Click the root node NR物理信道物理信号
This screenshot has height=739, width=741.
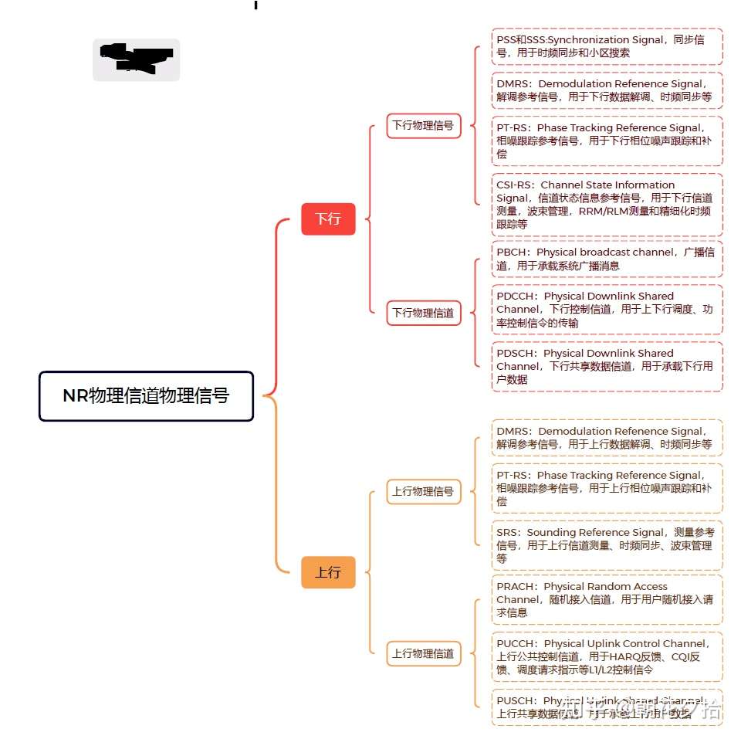[146, 396]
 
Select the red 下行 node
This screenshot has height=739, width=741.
[328, 219]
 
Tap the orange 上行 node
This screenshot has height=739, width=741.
[328, 572]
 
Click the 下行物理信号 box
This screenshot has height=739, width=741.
[423, 125]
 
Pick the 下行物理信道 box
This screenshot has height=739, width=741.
[423, 313]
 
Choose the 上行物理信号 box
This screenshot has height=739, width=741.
[423, 491]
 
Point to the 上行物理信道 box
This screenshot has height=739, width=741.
[423, 653]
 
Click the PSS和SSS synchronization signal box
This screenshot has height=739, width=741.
[607, 46]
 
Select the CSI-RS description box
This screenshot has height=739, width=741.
[607, 205]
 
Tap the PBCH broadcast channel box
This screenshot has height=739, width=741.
[607, 259]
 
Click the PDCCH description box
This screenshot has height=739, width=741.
[607, 310]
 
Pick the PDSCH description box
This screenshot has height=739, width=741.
[607, 366]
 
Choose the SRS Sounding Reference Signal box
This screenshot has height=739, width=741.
[607, 545]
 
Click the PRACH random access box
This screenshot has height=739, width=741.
[607, 599]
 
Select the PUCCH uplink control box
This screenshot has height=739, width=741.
[607, 656]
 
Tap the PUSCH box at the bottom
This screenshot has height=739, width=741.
[607, 707]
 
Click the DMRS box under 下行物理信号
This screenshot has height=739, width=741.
[607, 90]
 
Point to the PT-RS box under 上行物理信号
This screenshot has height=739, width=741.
[607, 488]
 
